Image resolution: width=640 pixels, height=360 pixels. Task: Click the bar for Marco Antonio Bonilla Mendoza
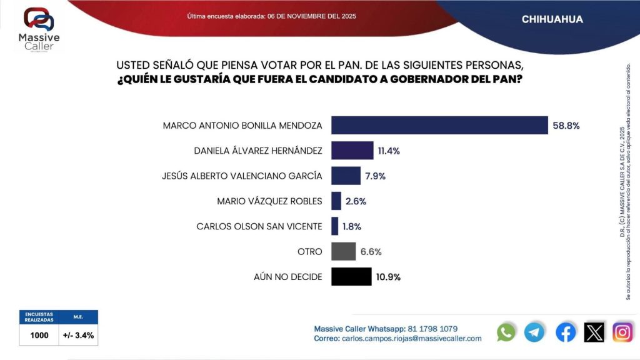(x=439, y=125)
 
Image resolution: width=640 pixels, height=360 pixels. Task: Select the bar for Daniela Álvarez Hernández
(x=352, y=151)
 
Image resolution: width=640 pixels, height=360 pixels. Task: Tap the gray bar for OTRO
(x=343, y=251)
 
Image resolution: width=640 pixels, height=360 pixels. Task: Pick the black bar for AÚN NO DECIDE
(x=351, y=276)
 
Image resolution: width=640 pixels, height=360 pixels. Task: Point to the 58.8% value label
(x=566, y=126)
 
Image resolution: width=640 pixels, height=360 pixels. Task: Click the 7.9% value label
(x=375, y=176)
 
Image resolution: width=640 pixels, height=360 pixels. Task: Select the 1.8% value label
(x=352, y=226)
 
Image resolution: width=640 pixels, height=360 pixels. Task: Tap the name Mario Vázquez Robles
(x=269, y=201)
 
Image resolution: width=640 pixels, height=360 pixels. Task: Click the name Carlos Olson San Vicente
(x=259, y=226)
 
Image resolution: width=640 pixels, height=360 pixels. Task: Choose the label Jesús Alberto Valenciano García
(x=242, y=176)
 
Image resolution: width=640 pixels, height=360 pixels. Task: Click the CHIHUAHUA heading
(x=552, y=19)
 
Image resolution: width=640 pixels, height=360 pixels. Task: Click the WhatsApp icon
(x=506, y=332)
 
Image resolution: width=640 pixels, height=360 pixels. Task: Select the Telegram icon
(x=534, y=332)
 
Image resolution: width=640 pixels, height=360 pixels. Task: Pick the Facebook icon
(x=566, y=332)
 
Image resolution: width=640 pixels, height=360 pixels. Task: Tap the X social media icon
(x=594, y=332)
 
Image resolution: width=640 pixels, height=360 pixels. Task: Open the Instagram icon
(x=622, y=332)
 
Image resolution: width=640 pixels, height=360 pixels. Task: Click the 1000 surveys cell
(x=39, y=335)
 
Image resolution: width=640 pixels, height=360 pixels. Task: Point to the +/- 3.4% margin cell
(x=79, y=335)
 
